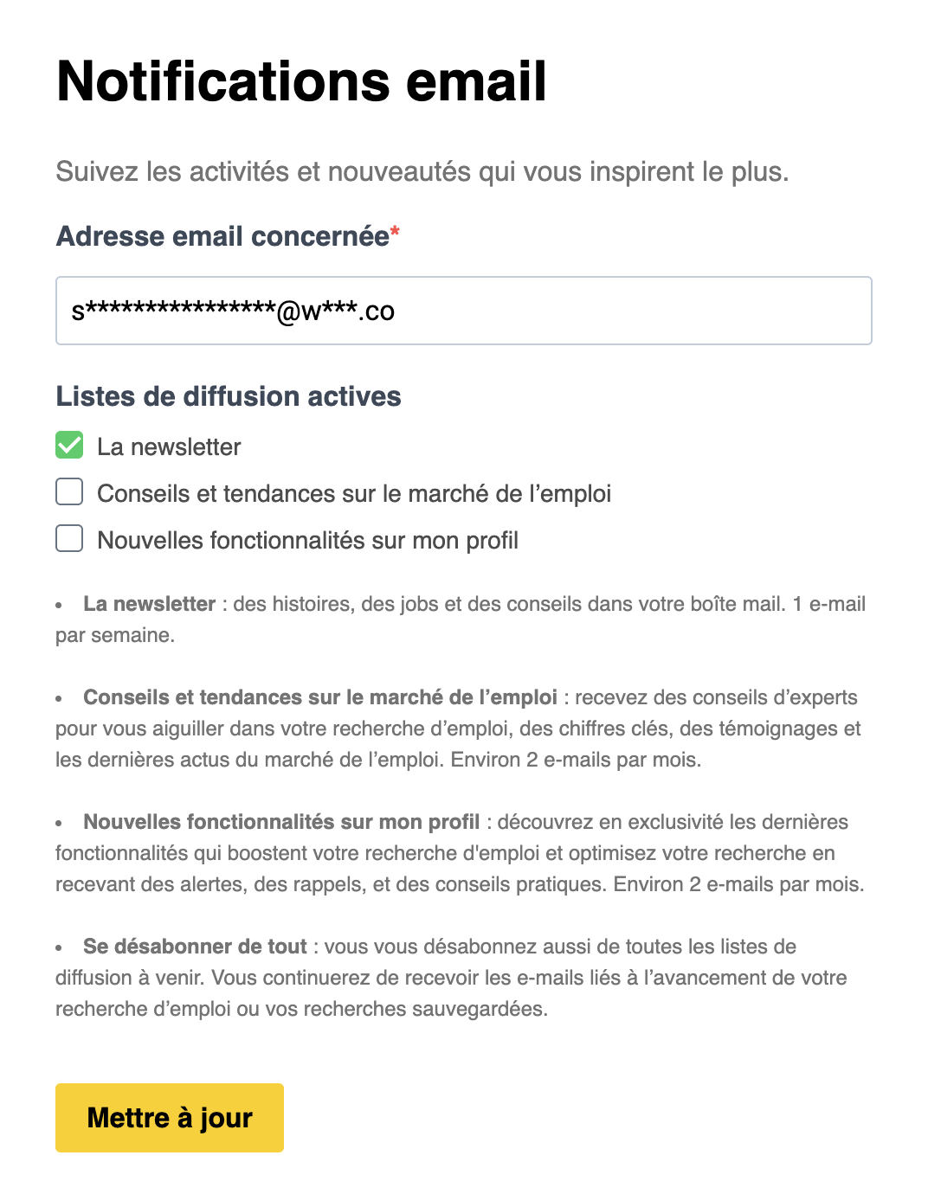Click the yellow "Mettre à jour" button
tap(170, 1117)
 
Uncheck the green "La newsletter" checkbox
tap(69, 446)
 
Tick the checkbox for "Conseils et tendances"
tap(69, 492)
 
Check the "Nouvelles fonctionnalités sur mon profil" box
tap(69, 539)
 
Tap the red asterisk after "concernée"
tap(395, 231)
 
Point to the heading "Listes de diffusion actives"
tap(229, 396)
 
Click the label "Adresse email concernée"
tap(222, 236)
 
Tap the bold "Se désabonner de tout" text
tap(195, 947)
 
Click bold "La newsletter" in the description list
tap(149, 604)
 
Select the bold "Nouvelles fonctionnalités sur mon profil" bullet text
tap(281, 822)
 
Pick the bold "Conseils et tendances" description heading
tap(320, 697)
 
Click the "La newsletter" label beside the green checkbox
tap(169, 446)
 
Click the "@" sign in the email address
tap(288, 312)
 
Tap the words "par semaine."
tap(115, 635)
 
